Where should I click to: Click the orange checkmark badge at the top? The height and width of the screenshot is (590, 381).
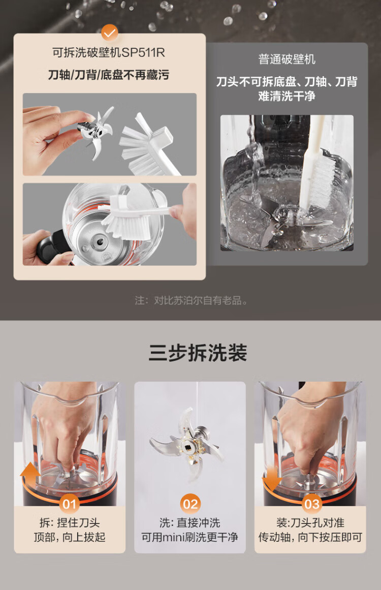[109, 34]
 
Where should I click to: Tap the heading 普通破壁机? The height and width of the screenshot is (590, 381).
[287, 59]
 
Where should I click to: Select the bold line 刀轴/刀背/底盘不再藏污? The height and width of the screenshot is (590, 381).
[109, 75]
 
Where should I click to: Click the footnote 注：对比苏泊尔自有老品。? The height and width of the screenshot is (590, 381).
[191, 301]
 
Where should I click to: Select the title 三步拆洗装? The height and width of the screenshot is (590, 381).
[198, 353]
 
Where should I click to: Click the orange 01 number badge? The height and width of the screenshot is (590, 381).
[70, 504]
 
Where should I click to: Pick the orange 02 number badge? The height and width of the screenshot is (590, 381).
[190, 504]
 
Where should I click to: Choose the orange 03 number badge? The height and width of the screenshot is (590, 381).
[312, 504]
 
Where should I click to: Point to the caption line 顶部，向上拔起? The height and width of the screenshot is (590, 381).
[70, 537]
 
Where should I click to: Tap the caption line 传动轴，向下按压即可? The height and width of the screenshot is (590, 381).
[310, 537]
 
